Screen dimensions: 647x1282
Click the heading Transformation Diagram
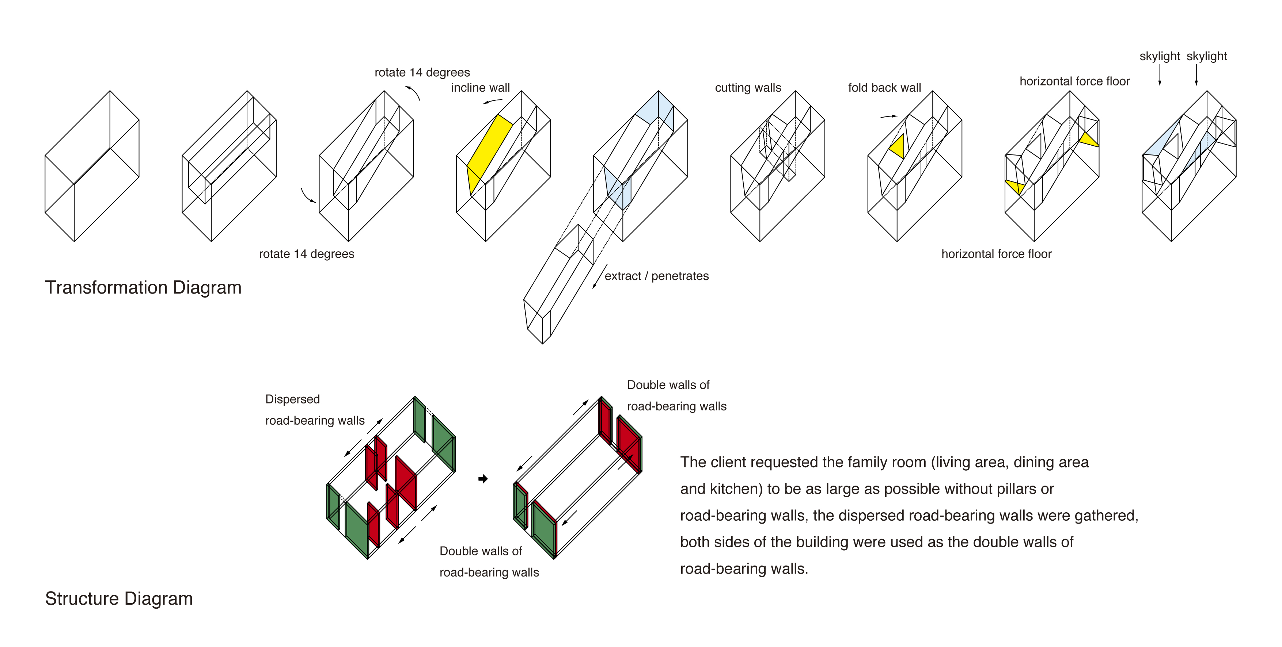tap(143, 287)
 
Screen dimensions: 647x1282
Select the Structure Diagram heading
tap(118, 598)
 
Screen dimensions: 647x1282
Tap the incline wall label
tap(480, 88)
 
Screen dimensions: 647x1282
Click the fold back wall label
tap(884, 88)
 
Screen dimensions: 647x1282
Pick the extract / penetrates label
tap(656, 276)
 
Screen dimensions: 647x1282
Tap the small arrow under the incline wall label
tap(492, 102)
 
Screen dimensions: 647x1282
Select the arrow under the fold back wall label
tap(888, 117)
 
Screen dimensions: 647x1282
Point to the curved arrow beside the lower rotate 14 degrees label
tap(307, 196)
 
